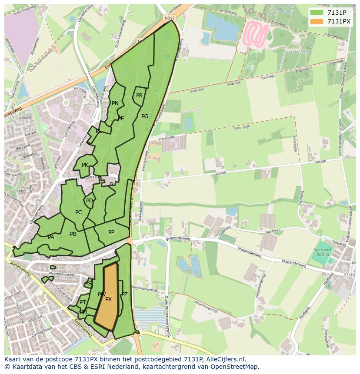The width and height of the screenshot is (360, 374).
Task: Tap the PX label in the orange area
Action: point(109,299)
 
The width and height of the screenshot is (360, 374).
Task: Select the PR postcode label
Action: point(139,96)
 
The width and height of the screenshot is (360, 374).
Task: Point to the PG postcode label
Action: point(145,116)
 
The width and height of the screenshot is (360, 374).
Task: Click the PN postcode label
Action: point(115,103)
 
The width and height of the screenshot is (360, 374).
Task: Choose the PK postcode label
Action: point(85,165)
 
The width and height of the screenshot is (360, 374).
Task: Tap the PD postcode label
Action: point(89,201)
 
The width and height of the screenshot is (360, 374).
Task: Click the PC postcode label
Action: point(78,212)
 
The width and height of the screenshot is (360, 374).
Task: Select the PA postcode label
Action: point(51,237)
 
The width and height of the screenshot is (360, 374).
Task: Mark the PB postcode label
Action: point(73,234)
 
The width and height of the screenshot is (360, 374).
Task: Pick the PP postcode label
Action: point(111,232)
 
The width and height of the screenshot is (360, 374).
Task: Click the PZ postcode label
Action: point(125,295)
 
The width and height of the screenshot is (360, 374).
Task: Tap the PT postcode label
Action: point(83,302)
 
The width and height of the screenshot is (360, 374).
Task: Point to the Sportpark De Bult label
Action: point(323,253)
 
